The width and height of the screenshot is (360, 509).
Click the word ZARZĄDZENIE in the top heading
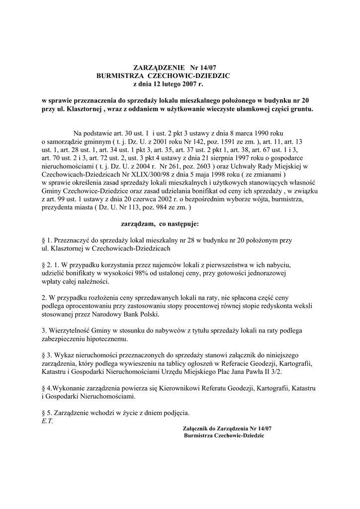point(159,67)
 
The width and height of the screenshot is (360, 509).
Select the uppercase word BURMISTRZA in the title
point(120,75)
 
